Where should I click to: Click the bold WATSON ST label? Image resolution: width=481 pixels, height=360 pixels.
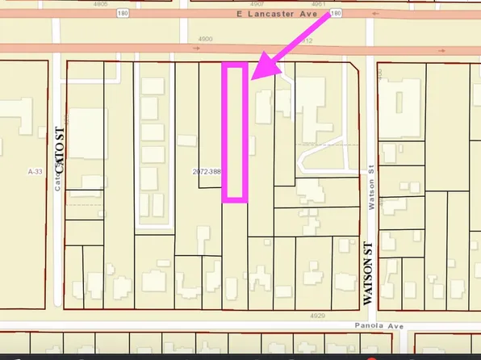pos(369,273)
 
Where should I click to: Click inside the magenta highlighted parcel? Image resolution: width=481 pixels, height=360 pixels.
pos(234,133)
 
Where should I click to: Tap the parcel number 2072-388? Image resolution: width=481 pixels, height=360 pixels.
pos(207,172)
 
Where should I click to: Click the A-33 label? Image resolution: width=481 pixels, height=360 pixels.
pos(34,172)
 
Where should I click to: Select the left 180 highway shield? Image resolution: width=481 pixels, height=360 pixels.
pos(145,14)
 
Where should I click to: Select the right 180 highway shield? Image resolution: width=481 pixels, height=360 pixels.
pos(336,14)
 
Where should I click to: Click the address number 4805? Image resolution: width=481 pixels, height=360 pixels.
pos(101,3)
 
